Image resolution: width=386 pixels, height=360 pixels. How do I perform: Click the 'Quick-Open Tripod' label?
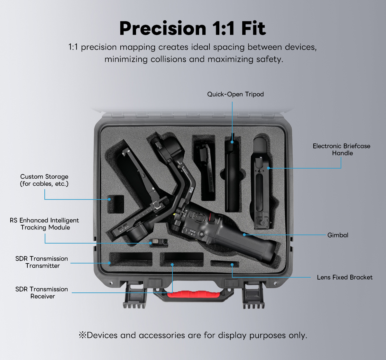click(235, 94)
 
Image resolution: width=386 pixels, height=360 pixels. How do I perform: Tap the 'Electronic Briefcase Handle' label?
click(342, 150)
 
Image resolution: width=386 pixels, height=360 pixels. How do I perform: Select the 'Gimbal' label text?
click(338, 235)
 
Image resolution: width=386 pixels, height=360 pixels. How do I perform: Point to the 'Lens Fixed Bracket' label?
click(345, 277)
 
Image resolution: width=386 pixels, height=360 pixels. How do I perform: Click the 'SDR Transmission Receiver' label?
click(41, 293)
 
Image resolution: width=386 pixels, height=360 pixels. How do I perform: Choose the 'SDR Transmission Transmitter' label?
click(41, 262)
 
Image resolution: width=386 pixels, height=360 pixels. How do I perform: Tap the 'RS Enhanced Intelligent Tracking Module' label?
click(44, 224)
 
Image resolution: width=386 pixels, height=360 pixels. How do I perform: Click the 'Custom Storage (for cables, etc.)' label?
click(44, 180)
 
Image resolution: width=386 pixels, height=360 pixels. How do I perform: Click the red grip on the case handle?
click(193, 294)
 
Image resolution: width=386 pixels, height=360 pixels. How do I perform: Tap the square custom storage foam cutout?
click(116, 204)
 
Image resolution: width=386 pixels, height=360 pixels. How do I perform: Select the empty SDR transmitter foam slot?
click(131, 259)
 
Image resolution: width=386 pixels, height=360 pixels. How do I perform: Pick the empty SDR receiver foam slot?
click(182, 259)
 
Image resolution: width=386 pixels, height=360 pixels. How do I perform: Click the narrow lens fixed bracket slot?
click(225, 264)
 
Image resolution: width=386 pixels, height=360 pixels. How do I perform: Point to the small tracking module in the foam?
click(159, 243)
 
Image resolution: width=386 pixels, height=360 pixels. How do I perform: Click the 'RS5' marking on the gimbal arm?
click(191, 190)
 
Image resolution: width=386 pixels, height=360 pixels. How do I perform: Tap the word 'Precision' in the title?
click(163, 28)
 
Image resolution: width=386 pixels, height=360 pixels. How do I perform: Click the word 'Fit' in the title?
click(253, 28)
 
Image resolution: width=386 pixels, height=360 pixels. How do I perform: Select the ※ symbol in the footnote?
click(82, 335)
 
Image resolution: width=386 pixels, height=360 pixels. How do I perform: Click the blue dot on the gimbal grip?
click(244, 235)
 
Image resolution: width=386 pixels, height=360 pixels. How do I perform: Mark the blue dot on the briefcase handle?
click(268, 168)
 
